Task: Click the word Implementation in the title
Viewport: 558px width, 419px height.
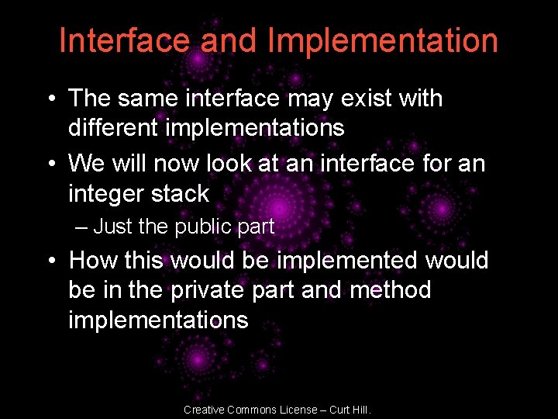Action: click(383, 41)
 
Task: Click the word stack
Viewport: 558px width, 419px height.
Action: click(181, 193)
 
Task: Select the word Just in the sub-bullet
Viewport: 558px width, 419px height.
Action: click(113, 227)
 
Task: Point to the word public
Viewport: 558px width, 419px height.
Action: click(203, 227)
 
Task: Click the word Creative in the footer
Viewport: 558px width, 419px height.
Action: click(205, 410)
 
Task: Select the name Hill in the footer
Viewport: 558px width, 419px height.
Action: click(360, 410)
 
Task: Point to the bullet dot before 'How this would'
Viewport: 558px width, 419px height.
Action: click(50, 261)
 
